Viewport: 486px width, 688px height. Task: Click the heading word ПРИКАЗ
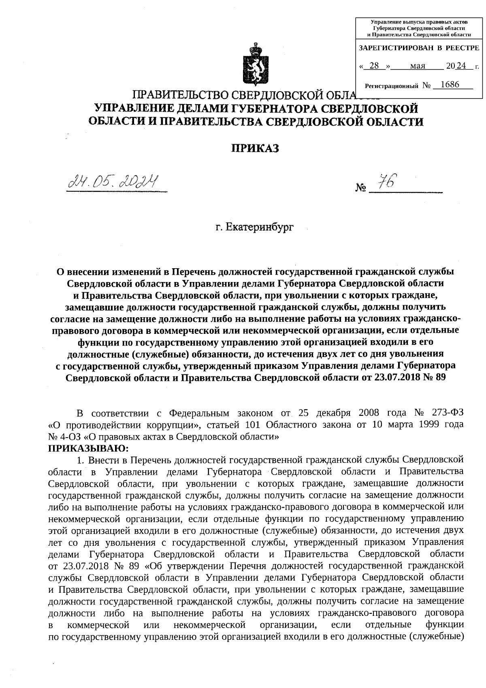coord(255,149)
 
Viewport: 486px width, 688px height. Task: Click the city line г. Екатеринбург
coord(254,227)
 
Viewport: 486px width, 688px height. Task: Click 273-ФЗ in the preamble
coord(445,413)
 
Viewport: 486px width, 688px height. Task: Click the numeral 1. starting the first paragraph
coord(80,460)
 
